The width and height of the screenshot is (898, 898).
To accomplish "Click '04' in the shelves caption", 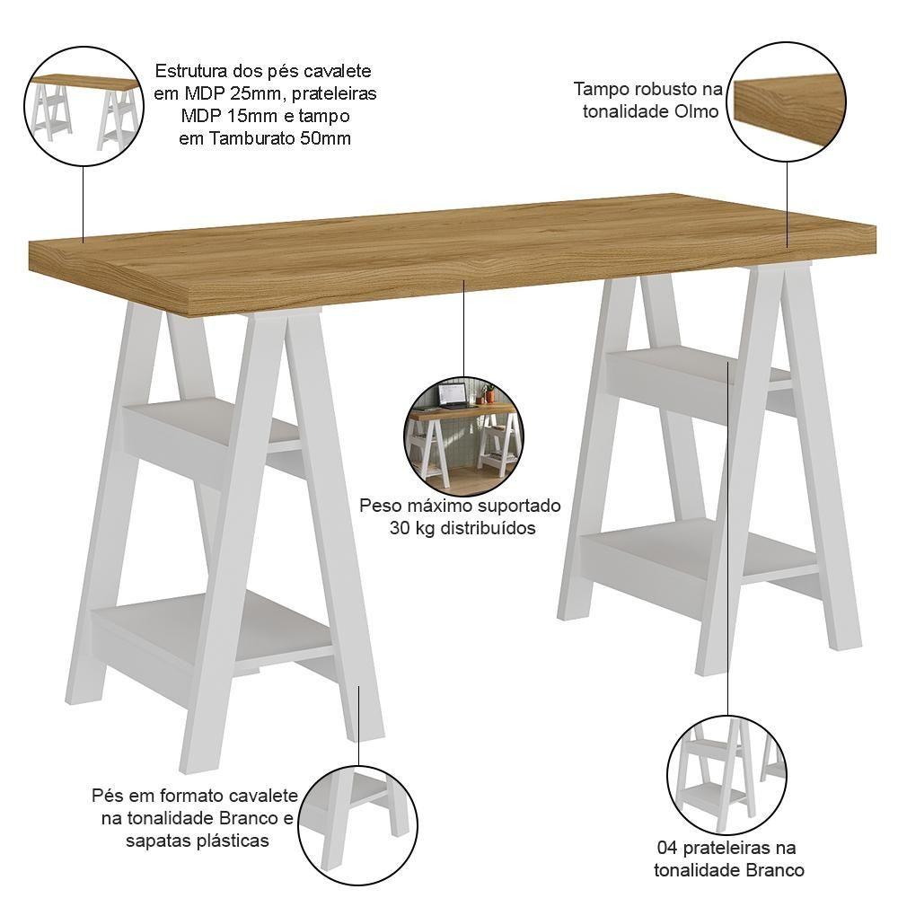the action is [x=668, y=848].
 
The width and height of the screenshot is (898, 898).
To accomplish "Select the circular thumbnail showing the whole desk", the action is [x=84, y=107].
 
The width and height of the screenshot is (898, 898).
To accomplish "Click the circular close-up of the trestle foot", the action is [x=358, y=825].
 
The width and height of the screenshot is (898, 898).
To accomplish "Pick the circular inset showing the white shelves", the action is [x=726, y=775].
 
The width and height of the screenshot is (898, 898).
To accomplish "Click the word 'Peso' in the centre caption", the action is [x=379, y=506].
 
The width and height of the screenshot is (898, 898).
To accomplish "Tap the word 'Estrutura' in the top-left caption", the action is [x=191, y=71].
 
